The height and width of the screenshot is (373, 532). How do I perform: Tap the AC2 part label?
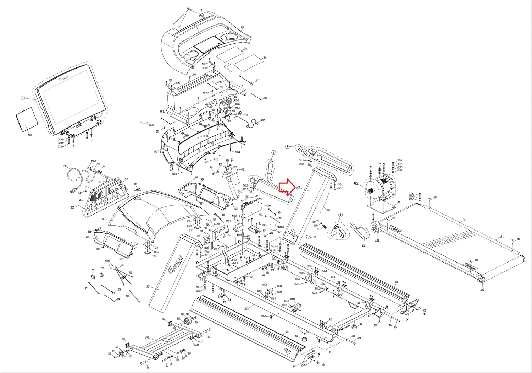[x=298, y=187]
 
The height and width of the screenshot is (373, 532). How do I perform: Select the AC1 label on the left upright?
[x=149, y=286]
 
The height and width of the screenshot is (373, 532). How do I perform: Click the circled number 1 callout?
[x=23, y=98]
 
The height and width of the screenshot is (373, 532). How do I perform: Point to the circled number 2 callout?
[x=273, y=152]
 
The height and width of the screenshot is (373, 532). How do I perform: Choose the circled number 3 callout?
[x=288, y=146]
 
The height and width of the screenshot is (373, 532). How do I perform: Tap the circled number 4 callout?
[x=340, y=215]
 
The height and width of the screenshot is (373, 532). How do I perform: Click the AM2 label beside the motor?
[x=356, y=184]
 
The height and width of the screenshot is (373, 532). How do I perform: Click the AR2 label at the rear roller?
[x=482, y=289]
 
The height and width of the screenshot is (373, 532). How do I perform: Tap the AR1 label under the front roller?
[x=377, y=240]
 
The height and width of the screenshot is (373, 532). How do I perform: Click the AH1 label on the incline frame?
[x=147, y=338]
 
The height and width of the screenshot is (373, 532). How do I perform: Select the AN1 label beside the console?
[x=162, y=112]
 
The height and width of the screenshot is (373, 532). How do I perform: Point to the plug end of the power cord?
[x=73, y=191]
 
